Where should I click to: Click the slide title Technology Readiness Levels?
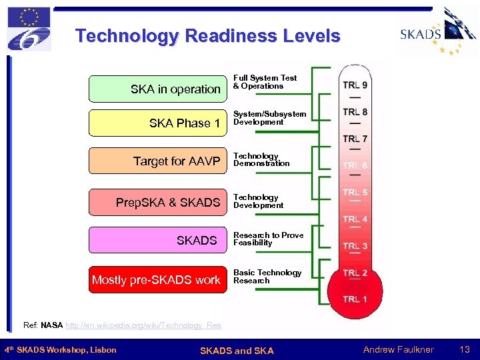point(207,36)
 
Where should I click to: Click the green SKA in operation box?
point(158,89)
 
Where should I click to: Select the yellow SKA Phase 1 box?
point(158,123)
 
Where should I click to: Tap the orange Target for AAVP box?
point(158,161)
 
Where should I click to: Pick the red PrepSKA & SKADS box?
point(158,202)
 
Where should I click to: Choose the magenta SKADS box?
point(158,240)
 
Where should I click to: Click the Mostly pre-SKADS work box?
point(158,279)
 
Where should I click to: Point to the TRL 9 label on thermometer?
point(355,85)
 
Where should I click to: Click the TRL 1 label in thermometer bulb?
point(355,299)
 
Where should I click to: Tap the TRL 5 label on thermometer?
point(355,193)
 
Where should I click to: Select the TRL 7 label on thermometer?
point(355,139)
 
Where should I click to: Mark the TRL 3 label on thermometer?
point(355,246)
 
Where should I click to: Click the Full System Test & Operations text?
point(265,82)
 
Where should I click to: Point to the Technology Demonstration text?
point(261,159)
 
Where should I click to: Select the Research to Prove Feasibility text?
point(268,239)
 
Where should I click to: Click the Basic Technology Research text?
point(267,276)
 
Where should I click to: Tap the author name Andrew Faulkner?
point(398,349)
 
